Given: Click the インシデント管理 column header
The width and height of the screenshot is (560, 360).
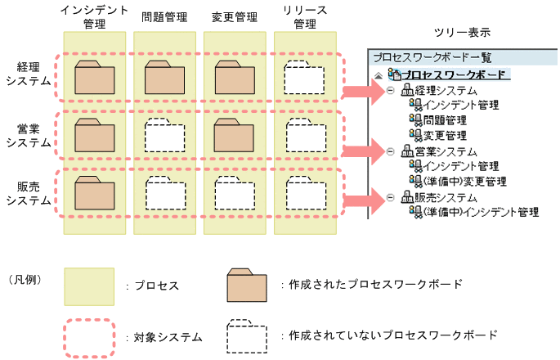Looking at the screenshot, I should [x=94, y=16].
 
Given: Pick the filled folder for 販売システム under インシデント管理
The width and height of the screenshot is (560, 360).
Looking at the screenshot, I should [x=94, y=193].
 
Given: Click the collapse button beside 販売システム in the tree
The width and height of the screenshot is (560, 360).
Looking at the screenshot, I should [x=390, y=197].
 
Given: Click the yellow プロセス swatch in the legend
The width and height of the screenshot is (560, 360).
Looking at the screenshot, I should [x=88, y=286].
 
